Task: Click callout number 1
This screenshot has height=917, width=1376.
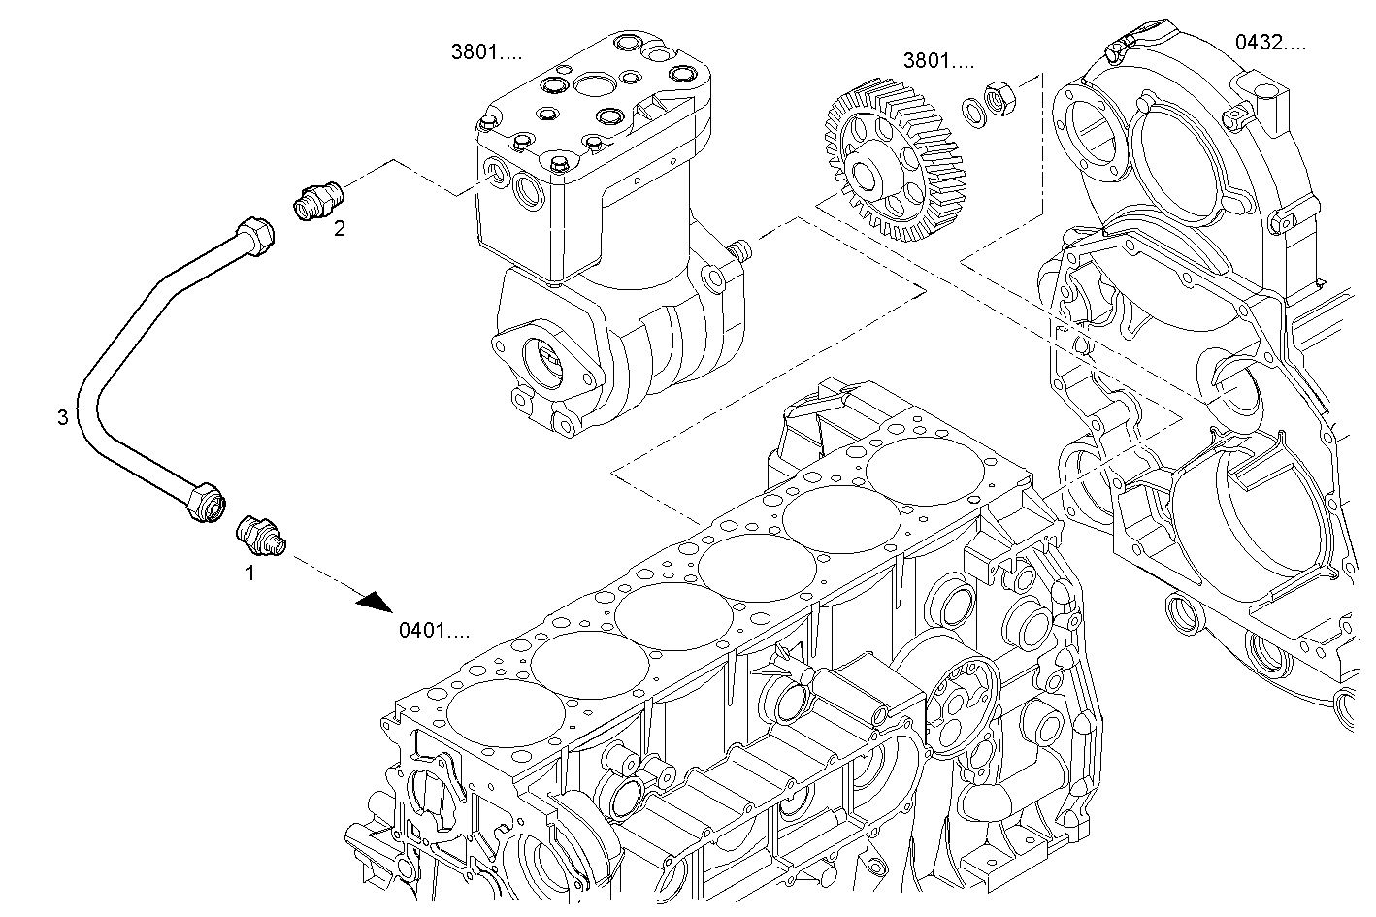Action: (249, 573)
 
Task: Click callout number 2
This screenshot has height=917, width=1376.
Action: (339, 228)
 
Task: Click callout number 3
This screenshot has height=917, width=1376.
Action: (63, 417)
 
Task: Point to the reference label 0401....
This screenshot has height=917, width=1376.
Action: (434, 631)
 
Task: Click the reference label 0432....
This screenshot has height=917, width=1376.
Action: (1269, 42)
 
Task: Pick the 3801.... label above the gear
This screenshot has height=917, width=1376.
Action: (938, 61)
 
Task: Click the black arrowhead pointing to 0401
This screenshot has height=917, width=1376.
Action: (375, 603)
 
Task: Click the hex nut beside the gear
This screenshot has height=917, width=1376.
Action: (999, 98)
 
